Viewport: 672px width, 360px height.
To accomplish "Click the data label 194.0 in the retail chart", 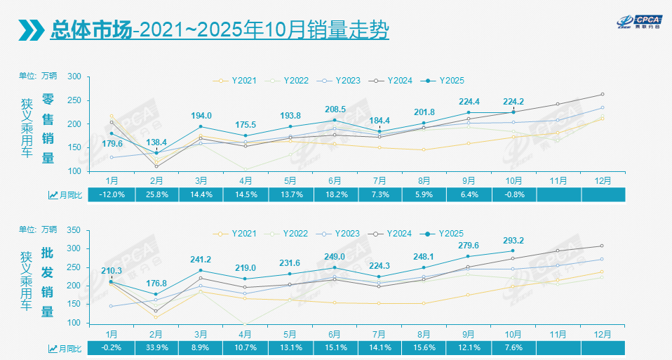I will pyautogui.click(x=201, y=115).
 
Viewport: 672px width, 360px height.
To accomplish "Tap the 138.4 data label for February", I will pyautogui.click(x=156, y=142).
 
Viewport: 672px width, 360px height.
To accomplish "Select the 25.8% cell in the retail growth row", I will pyautogui.click(x=156, y=194).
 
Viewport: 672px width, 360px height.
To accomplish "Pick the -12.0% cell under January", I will pyautogui.click(x=111, y=194).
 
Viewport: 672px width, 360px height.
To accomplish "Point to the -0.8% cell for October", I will pyautogui.click(x=514, y=194).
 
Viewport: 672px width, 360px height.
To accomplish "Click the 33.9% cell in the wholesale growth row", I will pyautogui.click(x=156, y=347).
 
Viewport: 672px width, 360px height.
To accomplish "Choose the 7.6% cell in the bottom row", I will pyautogui.click(x=514, y=347).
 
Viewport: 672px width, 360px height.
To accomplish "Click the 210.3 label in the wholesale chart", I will pyautogui.click(x=111, y=271).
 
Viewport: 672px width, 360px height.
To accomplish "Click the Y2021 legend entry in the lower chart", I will pyautogui.click(x=238, y=233).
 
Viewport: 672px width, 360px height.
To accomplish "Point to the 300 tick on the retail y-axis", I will pyautogui.click(x=74, y=76).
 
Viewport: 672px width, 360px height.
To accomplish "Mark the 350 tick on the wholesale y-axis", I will pyautogui.click(x=74, y=229).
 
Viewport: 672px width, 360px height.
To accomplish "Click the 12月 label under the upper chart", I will pyautogui.click(x=603, y=180).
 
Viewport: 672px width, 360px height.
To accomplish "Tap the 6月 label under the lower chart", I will pyautogui.click(x=335, y=333).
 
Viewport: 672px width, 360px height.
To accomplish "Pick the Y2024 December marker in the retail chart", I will pyautogui.click(x=603, y=94).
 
